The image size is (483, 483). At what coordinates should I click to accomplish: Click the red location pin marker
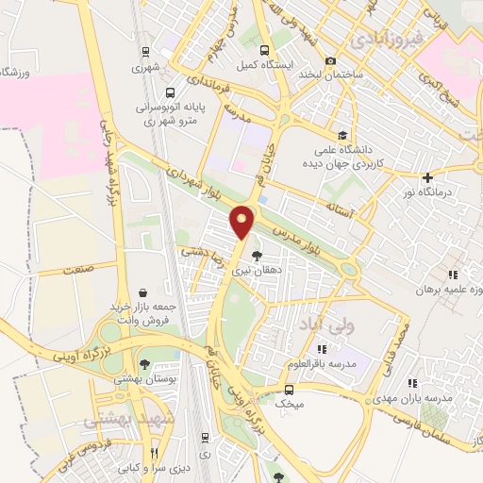tap(243, 221)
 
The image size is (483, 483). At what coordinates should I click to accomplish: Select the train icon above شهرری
tap(144, 52)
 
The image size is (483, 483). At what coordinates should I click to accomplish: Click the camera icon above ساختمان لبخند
tap(330, 60)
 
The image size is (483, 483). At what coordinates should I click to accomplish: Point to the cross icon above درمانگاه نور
tap(428, 176)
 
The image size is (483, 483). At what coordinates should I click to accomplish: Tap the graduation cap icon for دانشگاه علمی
tap(341, 134)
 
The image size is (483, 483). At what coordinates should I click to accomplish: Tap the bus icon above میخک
tap(288, 389)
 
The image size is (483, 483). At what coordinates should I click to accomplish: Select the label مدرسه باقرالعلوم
tap(352, 363)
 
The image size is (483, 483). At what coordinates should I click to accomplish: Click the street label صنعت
tap(78, 271)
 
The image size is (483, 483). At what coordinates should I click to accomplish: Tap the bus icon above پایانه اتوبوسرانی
tap(170, 93)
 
